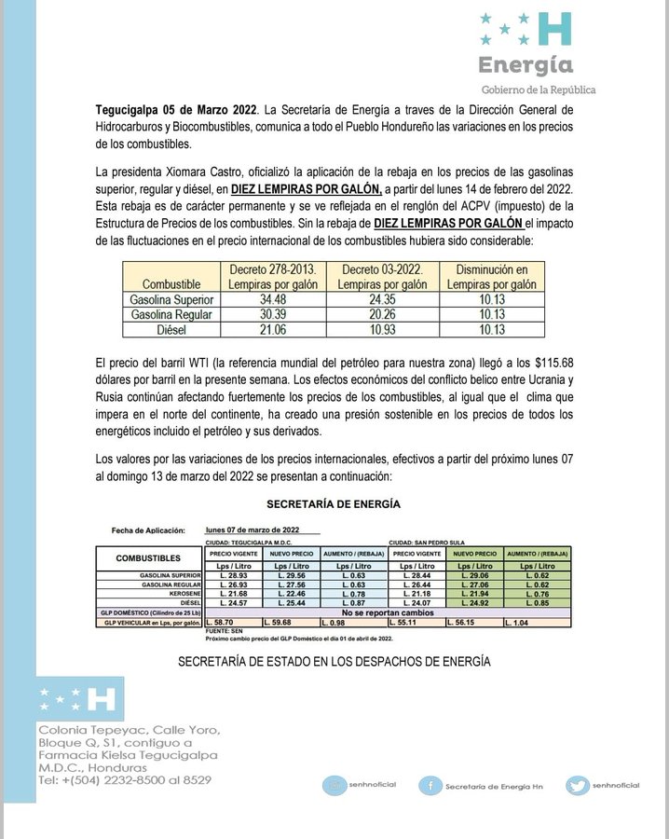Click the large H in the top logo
point(556,30)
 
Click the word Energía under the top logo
point(526,65)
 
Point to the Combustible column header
point(171,283)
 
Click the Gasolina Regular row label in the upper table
point(171,314)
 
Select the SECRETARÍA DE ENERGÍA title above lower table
point(334,503)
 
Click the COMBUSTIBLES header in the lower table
point(149,557)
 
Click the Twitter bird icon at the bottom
point(578,785)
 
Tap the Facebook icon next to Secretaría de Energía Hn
point(430,785)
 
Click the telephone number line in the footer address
point(124,779)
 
